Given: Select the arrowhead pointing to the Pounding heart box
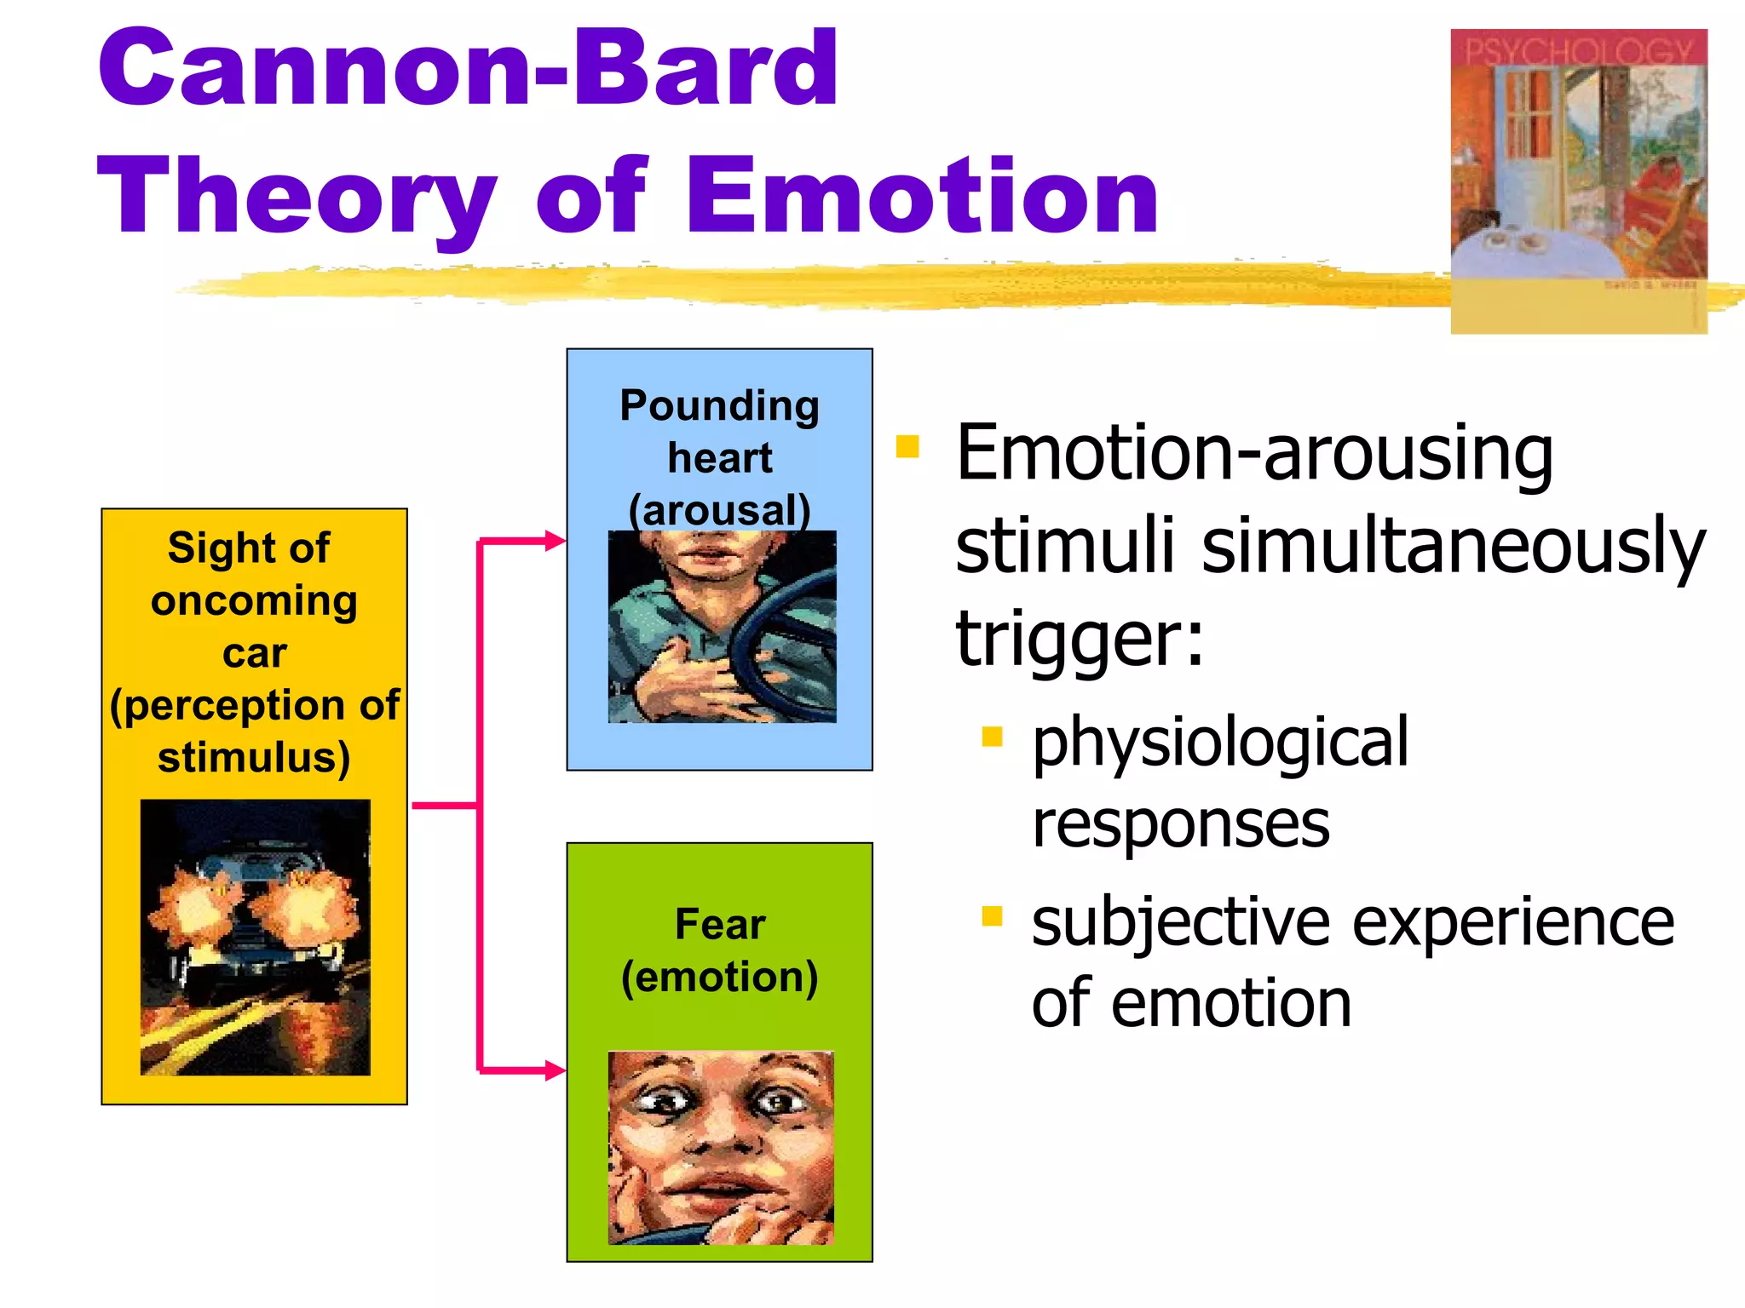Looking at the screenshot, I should tap(556, 541).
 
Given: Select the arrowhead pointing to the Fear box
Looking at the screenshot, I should tap(556, 1070).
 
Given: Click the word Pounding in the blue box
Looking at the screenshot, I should tap(719, 405).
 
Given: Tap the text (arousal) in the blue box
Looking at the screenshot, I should tap(719, 510).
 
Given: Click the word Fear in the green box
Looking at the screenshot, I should tap(719, 924).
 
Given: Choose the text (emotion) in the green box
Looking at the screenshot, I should tap(719, 977).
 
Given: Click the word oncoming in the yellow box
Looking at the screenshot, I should tap(254, 601).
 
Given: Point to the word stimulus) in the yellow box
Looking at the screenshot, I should tap(254, 757).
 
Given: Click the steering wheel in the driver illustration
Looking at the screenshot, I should tap(780, 647).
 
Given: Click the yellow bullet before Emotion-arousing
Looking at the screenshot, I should tap(907, 446).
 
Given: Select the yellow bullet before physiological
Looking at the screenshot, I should tap(992, 736).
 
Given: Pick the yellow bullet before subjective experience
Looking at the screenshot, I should tap(992, 916).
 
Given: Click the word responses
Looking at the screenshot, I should tap(1180, 824).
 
